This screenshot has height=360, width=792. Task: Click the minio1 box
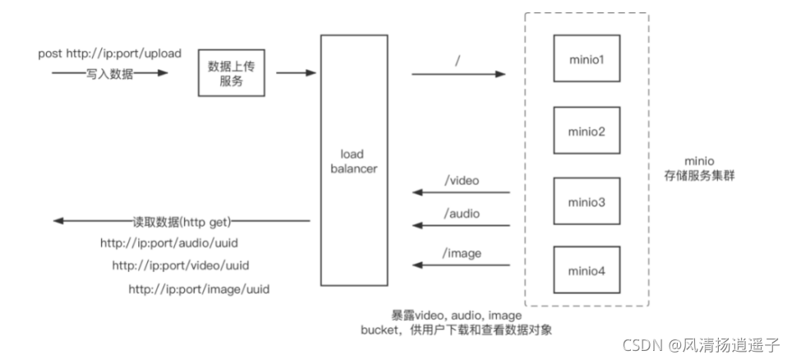(587, 58)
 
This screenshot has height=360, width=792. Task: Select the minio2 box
(587, 130)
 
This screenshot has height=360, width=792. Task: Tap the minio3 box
(587, 201)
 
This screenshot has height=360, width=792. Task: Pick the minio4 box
(587, 270)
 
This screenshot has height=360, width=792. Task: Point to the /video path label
(461, 180)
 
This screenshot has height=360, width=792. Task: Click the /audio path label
(461, 213)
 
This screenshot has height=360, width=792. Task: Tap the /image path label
(461, 253)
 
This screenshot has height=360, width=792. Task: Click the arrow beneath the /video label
(461, 193)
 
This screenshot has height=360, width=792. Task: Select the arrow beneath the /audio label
(461, 225)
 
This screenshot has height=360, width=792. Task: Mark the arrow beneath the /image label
(461, 265)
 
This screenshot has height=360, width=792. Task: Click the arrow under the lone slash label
(458, 74)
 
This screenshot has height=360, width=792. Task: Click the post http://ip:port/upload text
(109, 53)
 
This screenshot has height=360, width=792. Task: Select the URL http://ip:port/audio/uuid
(168, 243)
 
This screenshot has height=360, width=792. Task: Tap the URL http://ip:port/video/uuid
(180, 265)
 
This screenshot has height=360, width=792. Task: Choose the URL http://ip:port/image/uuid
(199, 289)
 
